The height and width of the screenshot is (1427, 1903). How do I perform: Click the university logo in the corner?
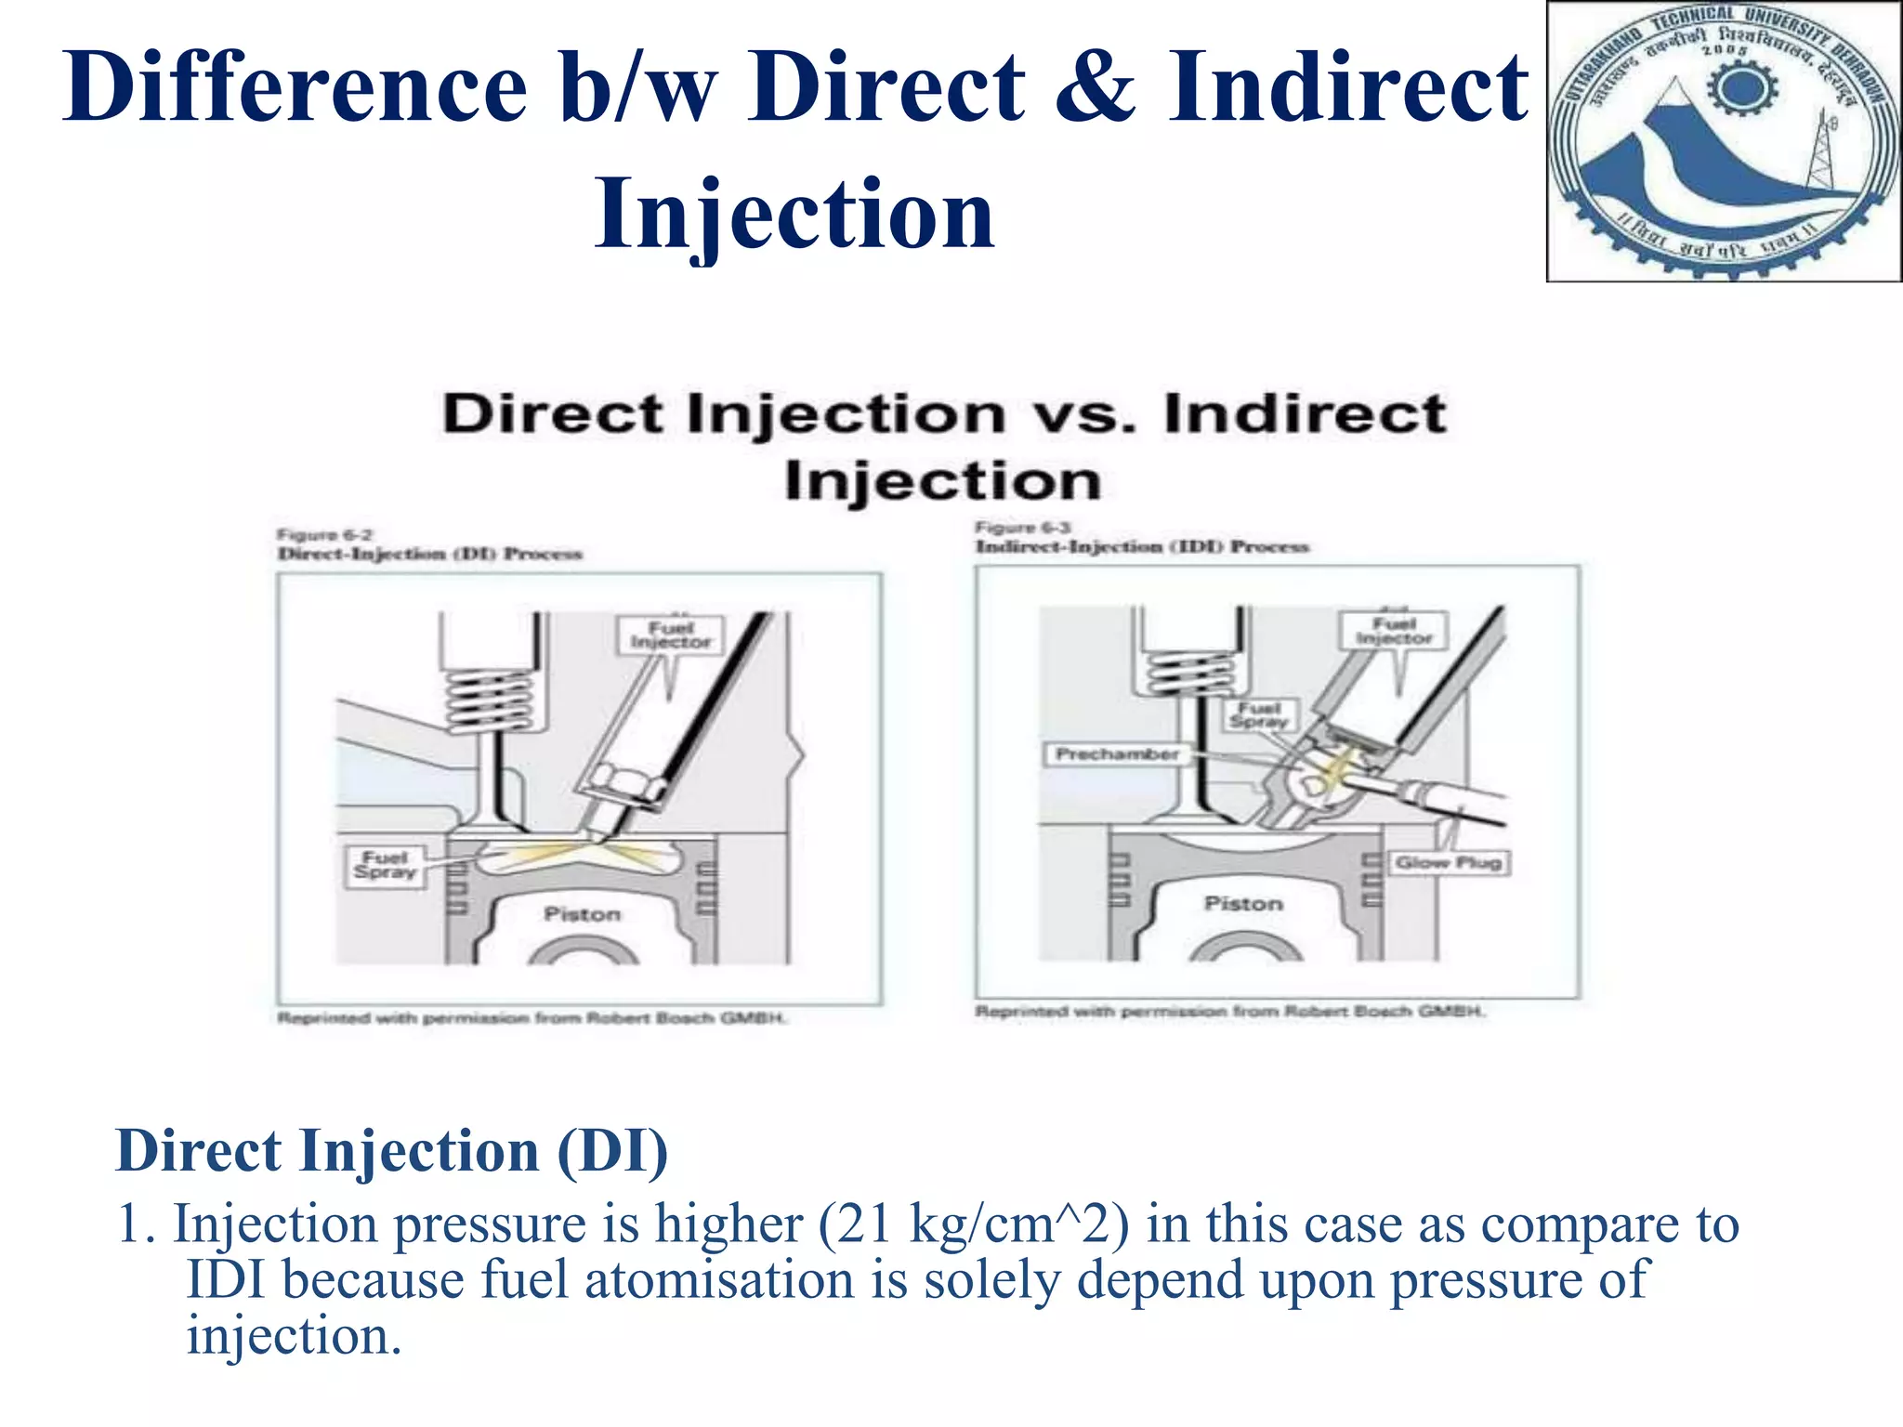click(1724, 141)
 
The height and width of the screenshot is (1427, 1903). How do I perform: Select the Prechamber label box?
click(1117, 754)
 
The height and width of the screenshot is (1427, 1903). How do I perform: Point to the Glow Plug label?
click(1449, 863)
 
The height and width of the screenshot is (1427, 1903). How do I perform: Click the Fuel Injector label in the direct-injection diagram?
click(671, 635)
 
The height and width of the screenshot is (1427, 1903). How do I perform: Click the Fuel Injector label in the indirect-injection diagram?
click(1394, 631)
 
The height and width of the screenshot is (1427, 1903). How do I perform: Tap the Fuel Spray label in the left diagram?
click(386, 865)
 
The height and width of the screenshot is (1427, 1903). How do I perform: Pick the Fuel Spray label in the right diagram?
click(1259, 715)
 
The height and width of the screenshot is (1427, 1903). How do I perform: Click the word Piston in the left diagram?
click(582, 915)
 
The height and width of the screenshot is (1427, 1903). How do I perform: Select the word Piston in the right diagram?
click(1243, 904)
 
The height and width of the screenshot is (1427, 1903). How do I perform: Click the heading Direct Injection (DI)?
click(391, 1152)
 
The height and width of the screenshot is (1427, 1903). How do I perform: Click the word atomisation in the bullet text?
click(719, 1280)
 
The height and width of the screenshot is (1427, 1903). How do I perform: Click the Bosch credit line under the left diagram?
click(532, 1019)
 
